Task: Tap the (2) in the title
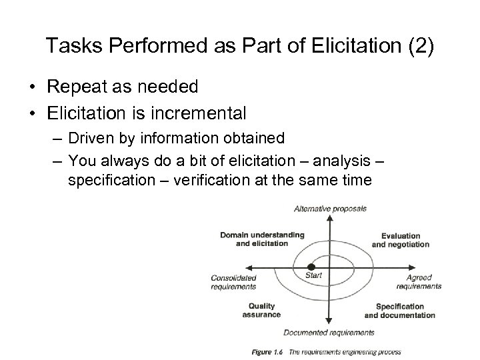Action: click(x=418, y=46)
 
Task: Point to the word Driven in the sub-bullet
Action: click(x=93, y=138)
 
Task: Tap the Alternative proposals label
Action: click(x=330, y=209)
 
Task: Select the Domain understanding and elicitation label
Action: click(x=261, y=239)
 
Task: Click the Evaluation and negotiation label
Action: click(x=401, y=240)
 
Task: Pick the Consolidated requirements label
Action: click(x=233, y=282)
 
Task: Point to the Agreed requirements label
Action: click(x=419, y=282)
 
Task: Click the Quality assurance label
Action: click(x=259, y=310)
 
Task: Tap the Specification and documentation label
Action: click(x=400, y=311)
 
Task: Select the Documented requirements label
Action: click(x=329, y=332)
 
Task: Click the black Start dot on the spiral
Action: click(x=301, y=267)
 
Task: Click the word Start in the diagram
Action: click(x=313, y=274)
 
